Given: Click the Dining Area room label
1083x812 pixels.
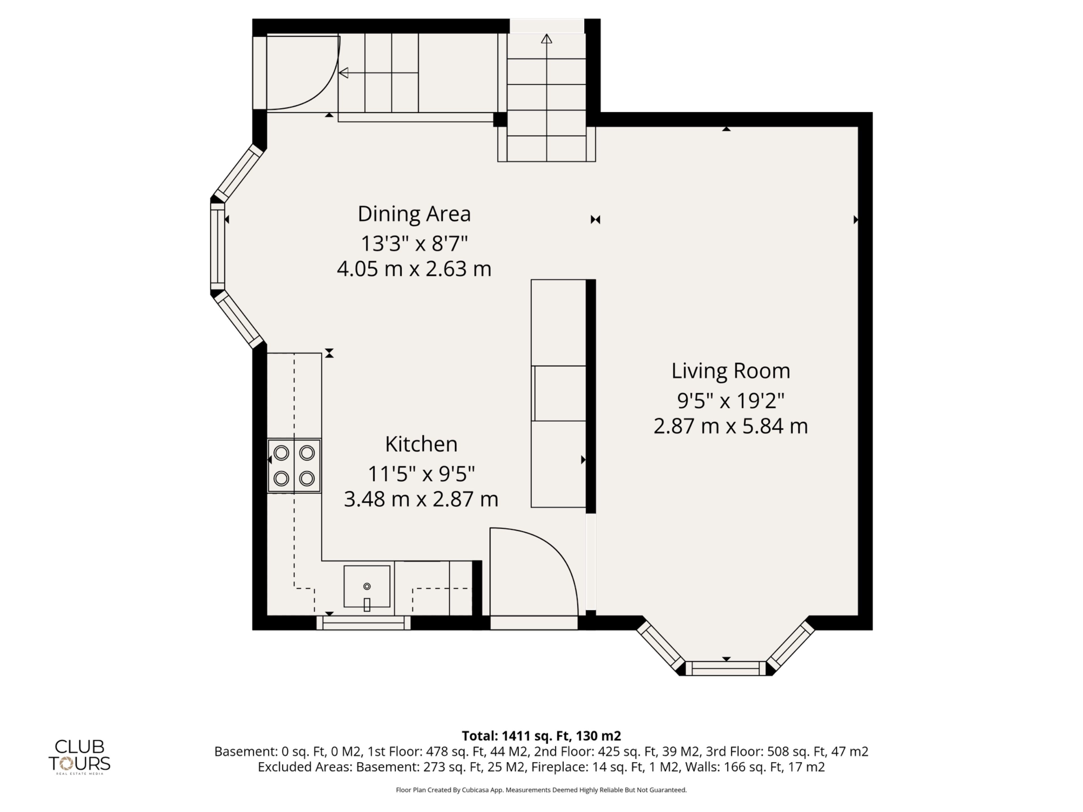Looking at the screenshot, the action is coord(414,214).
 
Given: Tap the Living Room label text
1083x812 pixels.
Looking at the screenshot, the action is coord(730,371).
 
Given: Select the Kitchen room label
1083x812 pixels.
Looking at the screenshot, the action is coord(421,444).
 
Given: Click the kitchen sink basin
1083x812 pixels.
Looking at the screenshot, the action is coord(367,586).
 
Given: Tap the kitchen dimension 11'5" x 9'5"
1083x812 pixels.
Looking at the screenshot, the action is coord(421,474).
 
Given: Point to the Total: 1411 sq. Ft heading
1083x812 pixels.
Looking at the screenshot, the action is coord(541,736).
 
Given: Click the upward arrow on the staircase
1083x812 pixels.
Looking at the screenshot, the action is coord(546,38).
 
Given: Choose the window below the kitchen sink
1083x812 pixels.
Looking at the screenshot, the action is coord(363,623).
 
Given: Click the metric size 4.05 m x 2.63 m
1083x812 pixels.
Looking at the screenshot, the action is coord(414,269).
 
